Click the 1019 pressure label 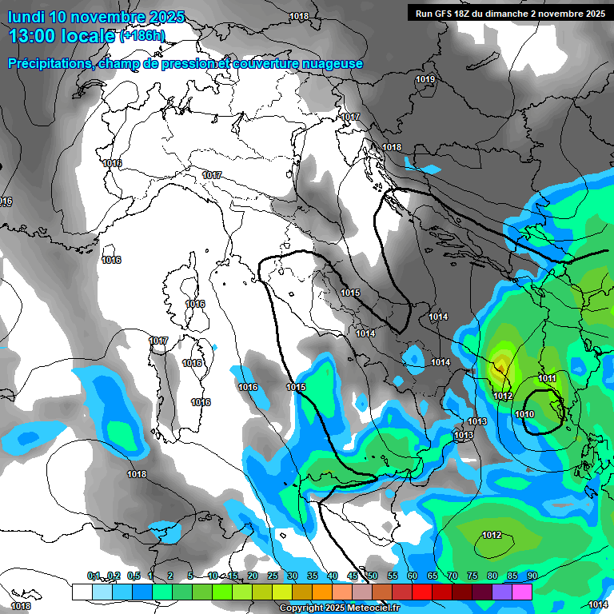pyautogui.click(x=425, y=80)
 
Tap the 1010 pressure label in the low pyautogui.click(x=524, y=414)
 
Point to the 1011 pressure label pyautogui.click(x=547, y=378)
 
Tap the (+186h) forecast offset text pyautogui.click(x=142, y=36)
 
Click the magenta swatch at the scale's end pyautogui.click(x=522, y=592)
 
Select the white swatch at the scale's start pyautogui.click(x=82, y=592)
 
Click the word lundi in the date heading pyautogui.click(x=26, y=17)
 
